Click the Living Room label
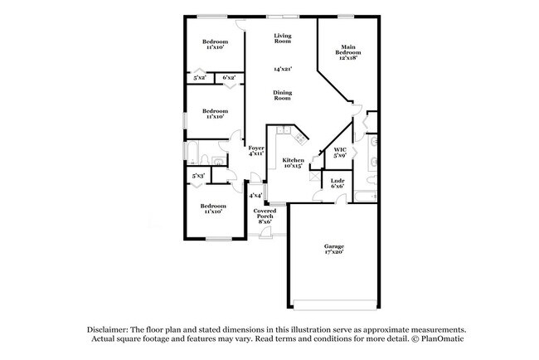pos(283,37)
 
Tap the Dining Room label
pos(283,95)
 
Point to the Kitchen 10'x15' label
pos(293,163)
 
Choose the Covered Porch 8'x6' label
pos(265,216)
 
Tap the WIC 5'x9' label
pos(339,153)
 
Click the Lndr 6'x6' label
pos(337,183)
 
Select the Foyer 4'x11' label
pos(256,151)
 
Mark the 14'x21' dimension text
pos(283,70)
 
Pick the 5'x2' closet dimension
pos(200,78)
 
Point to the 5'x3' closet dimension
pos(198,176)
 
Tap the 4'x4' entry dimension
pos(256,196)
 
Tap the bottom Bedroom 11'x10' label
pos(212,209)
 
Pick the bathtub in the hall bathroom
pos(193,153)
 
